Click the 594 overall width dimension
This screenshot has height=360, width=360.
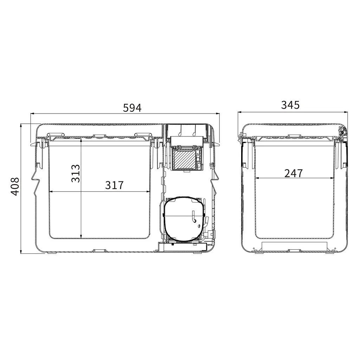tap(132, 108)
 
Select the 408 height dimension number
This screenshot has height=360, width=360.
tap(15, 186)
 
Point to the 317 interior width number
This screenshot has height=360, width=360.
tap(114, 185)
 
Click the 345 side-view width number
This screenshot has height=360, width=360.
tap(290, 105)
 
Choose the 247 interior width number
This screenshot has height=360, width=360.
tap(294, 173)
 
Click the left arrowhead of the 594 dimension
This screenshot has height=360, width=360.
tap(33, 113)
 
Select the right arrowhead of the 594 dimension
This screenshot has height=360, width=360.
tap(218, 113)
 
